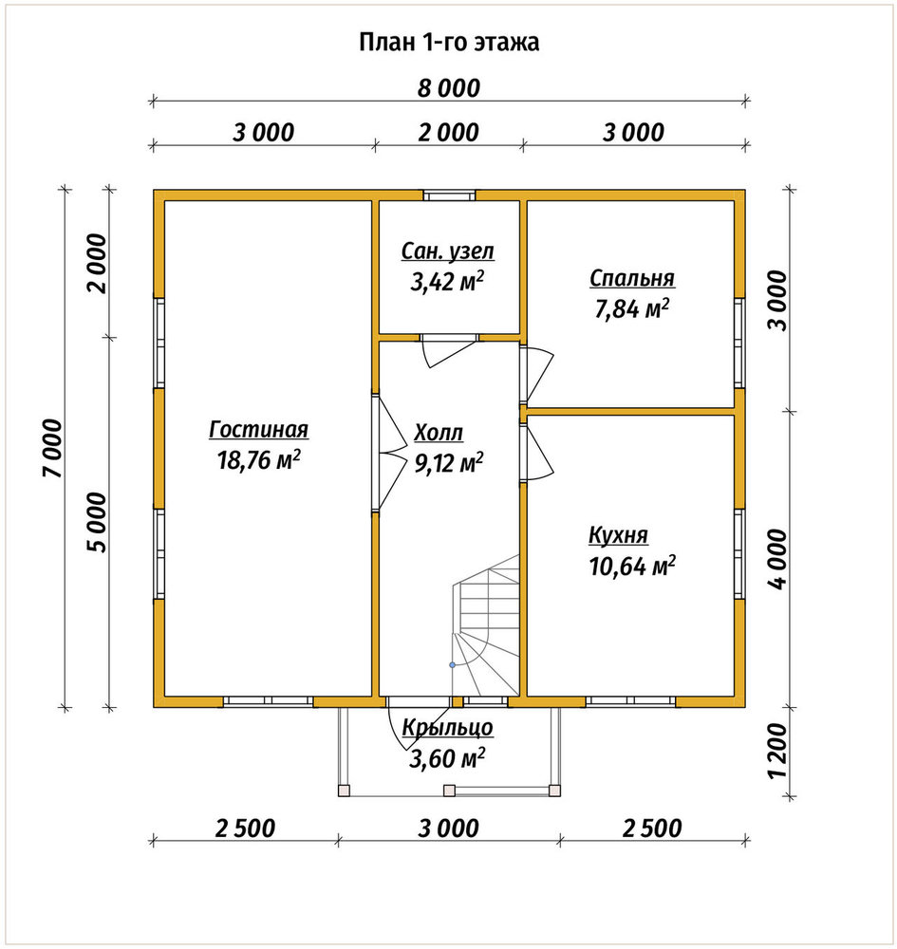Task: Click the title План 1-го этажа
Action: [449, 43]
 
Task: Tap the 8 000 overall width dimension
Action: [449, 88]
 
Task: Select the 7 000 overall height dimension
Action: [53, 449]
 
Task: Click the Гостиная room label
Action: [258, 429]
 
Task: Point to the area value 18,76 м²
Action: [258, 460]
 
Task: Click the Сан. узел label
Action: [448, 251]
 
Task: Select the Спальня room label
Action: [632, 278]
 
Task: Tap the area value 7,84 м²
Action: [632, 309]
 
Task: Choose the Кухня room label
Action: [618, 535]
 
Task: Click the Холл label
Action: [439, 433]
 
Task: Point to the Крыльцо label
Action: [447, 727]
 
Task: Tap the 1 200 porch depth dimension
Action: [777, 751]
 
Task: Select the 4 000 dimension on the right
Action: [777, 559]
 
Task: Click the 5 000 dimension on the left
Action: [97, 522]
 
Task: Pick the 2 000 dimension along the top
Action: [448, 133]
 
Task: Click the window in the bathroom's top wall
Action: [449, 195]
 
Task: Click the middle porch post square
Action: [449, 790]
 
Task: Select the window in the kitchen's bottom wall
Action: [630, 701]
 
